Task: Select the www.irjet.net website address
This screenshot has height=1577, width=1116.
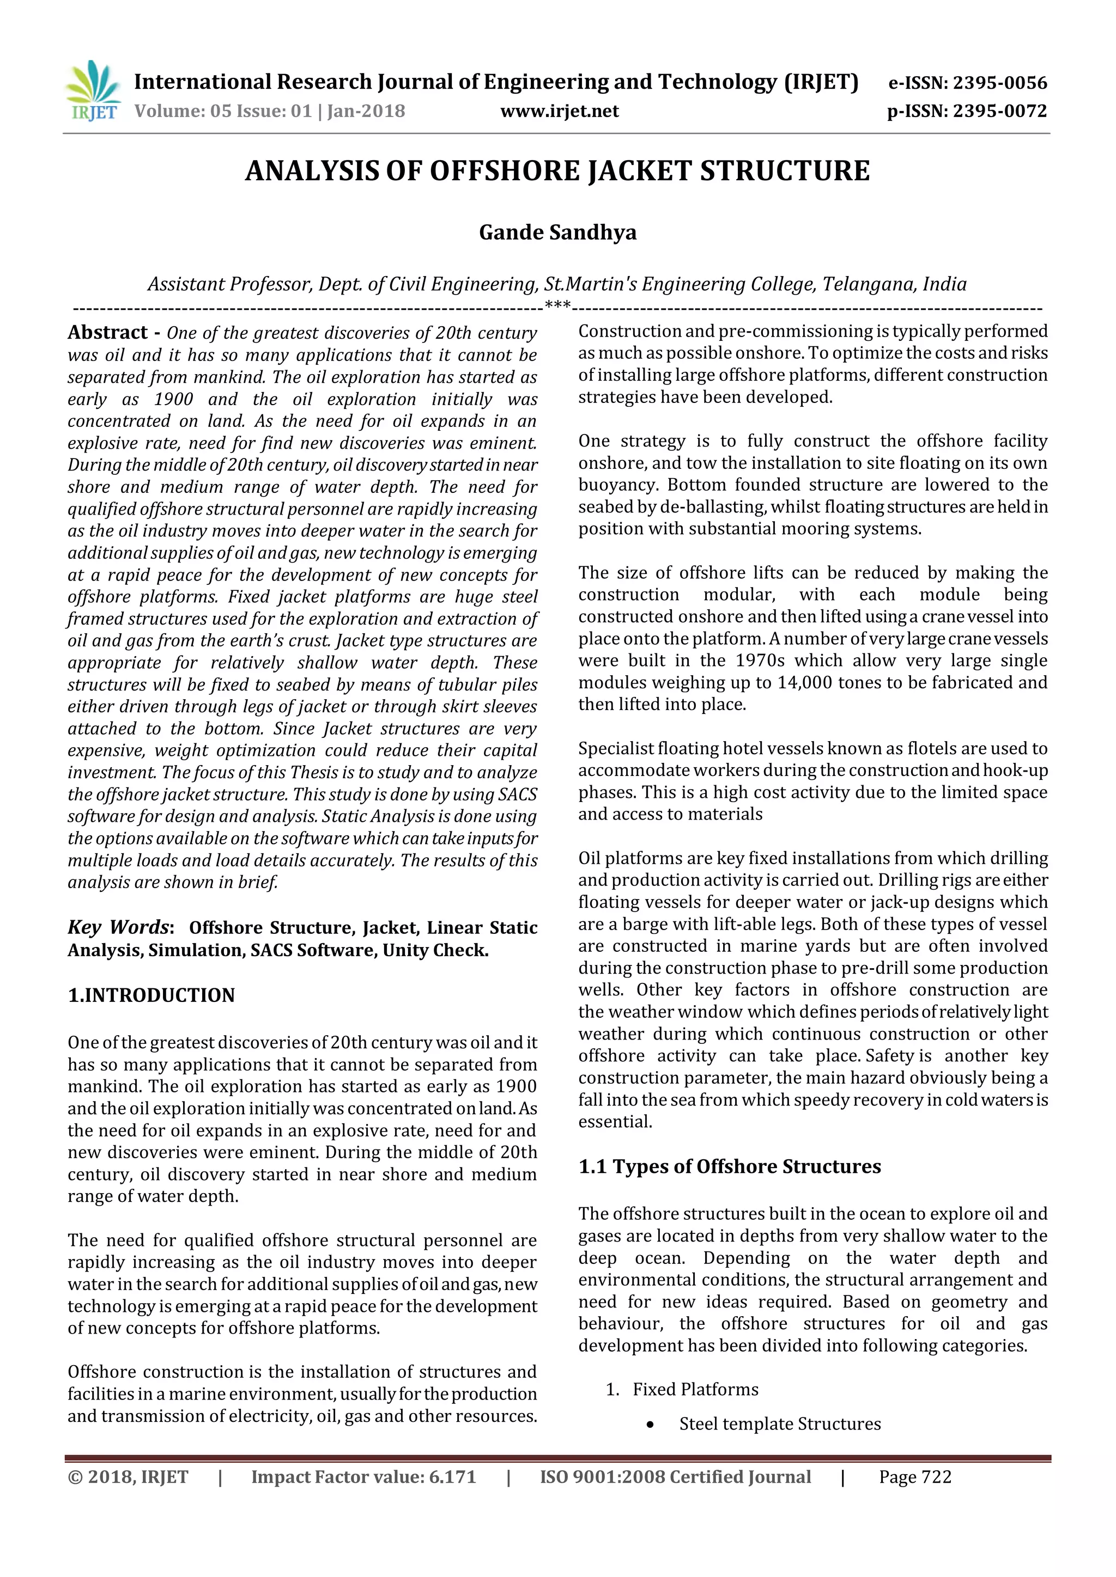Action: coord(560,111)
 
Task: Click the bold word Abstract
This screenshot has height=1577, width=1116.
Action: coord(107,332)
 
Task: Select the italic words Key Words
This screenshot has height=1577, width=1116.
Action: coord(118,927)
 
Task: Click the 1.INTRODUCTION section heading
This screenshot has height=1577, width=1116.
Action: coord(151,995)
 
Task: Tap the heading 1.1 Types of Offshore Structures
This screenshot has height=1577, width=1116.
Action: coord(729,1166)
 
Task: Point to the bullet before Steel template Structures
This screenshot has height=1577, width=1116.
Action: coord(650,1425)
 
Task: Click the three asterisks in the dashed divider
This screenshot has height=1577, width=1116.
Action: coord(557,305)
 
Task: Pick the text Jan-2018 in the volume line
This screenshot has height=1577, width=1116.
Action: coord(366,111)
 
